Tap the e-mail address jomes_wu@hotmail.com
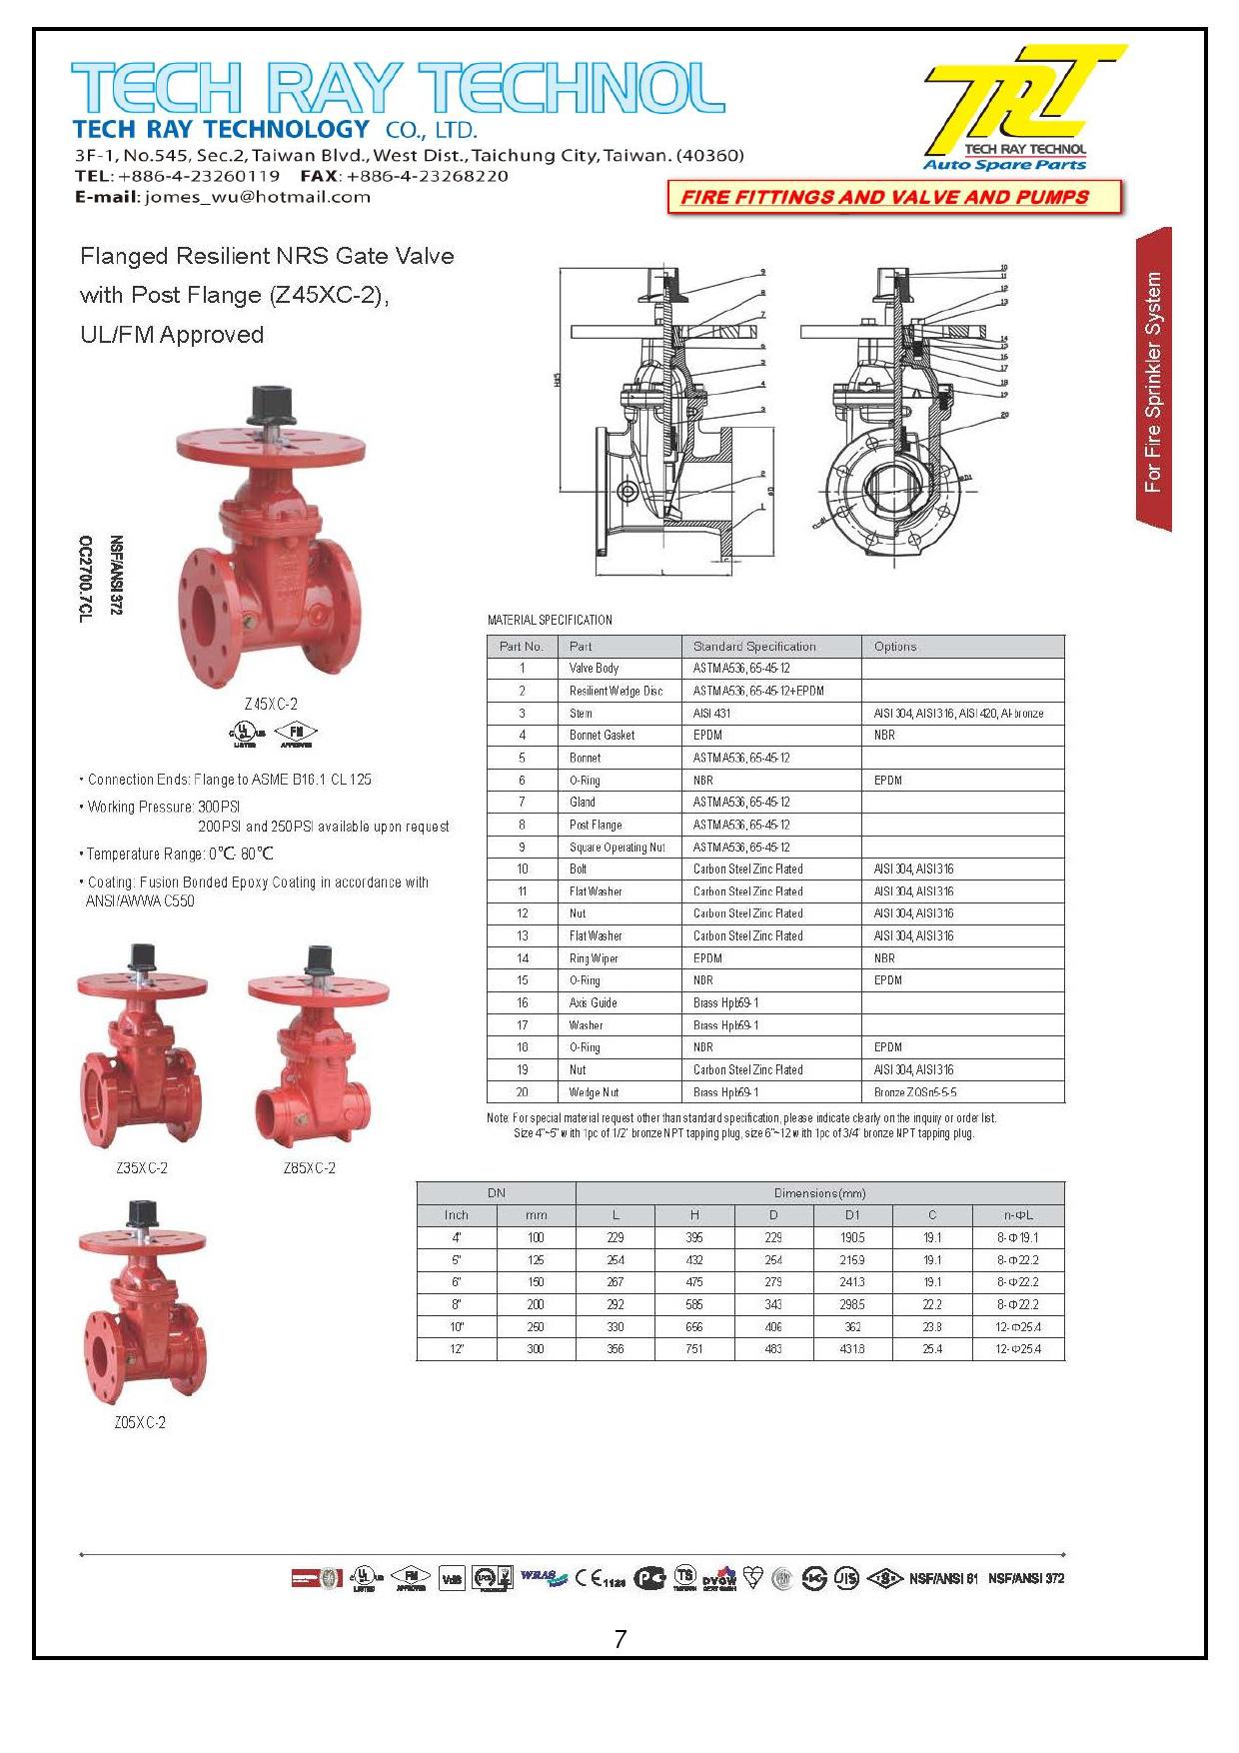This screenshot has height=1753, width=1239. [x=257, y=197]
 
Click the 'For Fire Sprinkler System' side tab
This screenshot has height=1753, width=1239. [x=1153, y=381]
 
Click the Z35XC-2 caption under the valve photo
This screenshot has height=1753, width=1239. [x=141, y=1167]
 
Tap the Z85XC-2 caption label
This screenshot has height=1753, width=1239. [x=309, y=1167]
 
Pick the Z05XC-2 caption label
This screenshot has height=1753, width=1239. [x=140, y=1422]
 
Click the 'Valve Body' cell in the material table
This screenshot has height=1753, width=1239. [x=594, y=669]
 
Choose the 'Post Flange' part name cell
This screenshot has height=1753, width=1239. [x=596, y=825]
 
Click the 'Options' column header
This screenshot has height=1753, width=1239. [x=895, y=647]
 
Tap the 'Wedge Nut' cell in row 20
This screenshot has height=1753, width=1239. [x=595, y=1092]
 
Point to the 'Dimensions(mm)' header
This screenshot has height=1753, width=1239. [x=819, y=1193]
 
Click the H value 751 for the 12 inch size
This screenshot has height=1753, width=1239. [x=694, y=1349]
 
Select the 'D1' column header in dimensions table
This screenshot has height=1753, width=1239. [x=852, y=1215]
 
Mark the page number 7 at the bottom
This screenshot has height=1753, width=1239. [x=620, y=1639]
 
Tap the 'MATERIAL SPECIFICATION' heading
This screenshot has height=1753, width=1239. [x=550, y=621]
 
